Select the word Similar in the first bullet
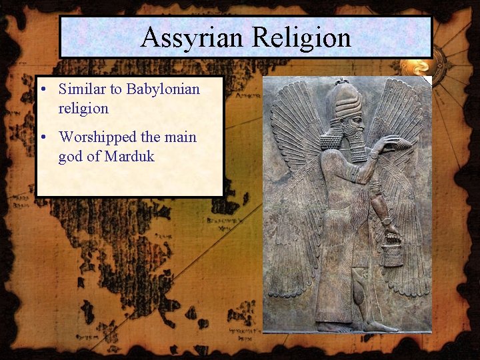coord(83,89)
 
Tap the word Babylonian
coord(163,89)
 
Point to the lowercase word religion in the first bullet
coord(83,108)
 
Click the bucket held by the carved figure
coord(393,254)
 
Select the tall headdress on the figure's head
coord(346,99)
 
